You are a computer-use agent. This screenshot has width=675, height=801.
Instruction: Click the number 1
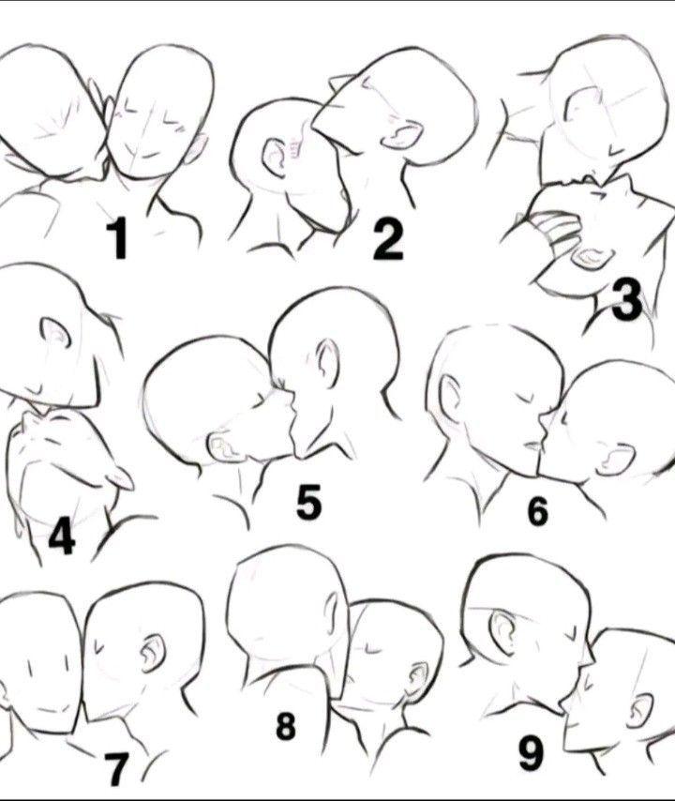coord(119,237)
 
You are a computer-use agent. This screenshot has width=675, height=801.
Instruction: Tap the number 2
coord(388,238)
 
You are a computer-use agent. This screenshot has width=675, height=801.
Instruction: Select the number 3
coord(627,301)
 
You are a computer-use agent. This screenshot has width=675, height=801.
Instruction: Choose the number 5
coord(309,501)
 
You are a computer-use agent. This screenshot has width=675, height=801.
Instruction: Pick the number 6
coord(537,511)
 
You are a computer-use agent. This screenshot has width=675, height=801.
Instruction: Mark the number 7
coord(116,769)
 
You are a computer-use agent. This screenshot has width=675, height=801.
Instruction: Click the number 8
coord(285,726)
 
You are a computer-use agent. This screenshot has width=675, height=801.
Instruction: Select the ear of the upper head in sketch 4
coord(56,331)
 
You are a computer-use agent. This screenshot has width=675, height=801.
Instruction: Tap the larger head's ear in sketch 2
coord(402,135)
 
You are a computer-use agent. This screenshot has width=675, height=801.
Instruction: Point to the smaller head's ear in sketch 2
coord(276,158)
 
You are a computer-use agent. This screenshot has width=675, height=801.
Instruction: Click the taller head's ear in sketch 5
coord(328,364)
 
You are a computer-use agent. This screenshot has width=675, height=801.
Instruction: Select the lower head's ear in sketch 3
coord(592,258)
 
